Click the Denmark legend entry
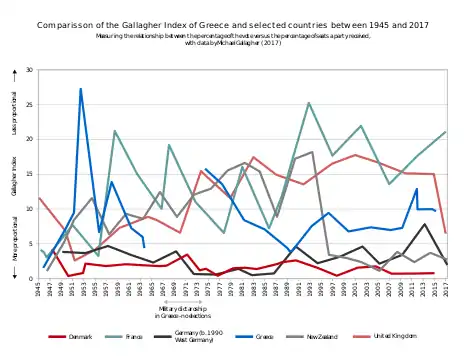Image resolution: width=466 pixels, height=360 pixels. (80, 337)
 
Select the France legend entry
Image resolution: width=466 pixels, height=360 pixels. (142, 337)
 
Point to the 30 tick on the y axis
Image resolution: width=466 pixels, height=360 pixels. (29, 70)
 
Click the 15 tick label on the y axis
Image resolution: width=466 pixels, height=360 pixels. (29, 174)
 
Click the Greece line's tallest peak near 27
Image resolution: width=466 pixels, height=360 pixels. (81, 89)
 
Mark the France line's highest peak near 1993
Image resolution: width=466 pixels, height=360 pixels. (309, 103)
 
